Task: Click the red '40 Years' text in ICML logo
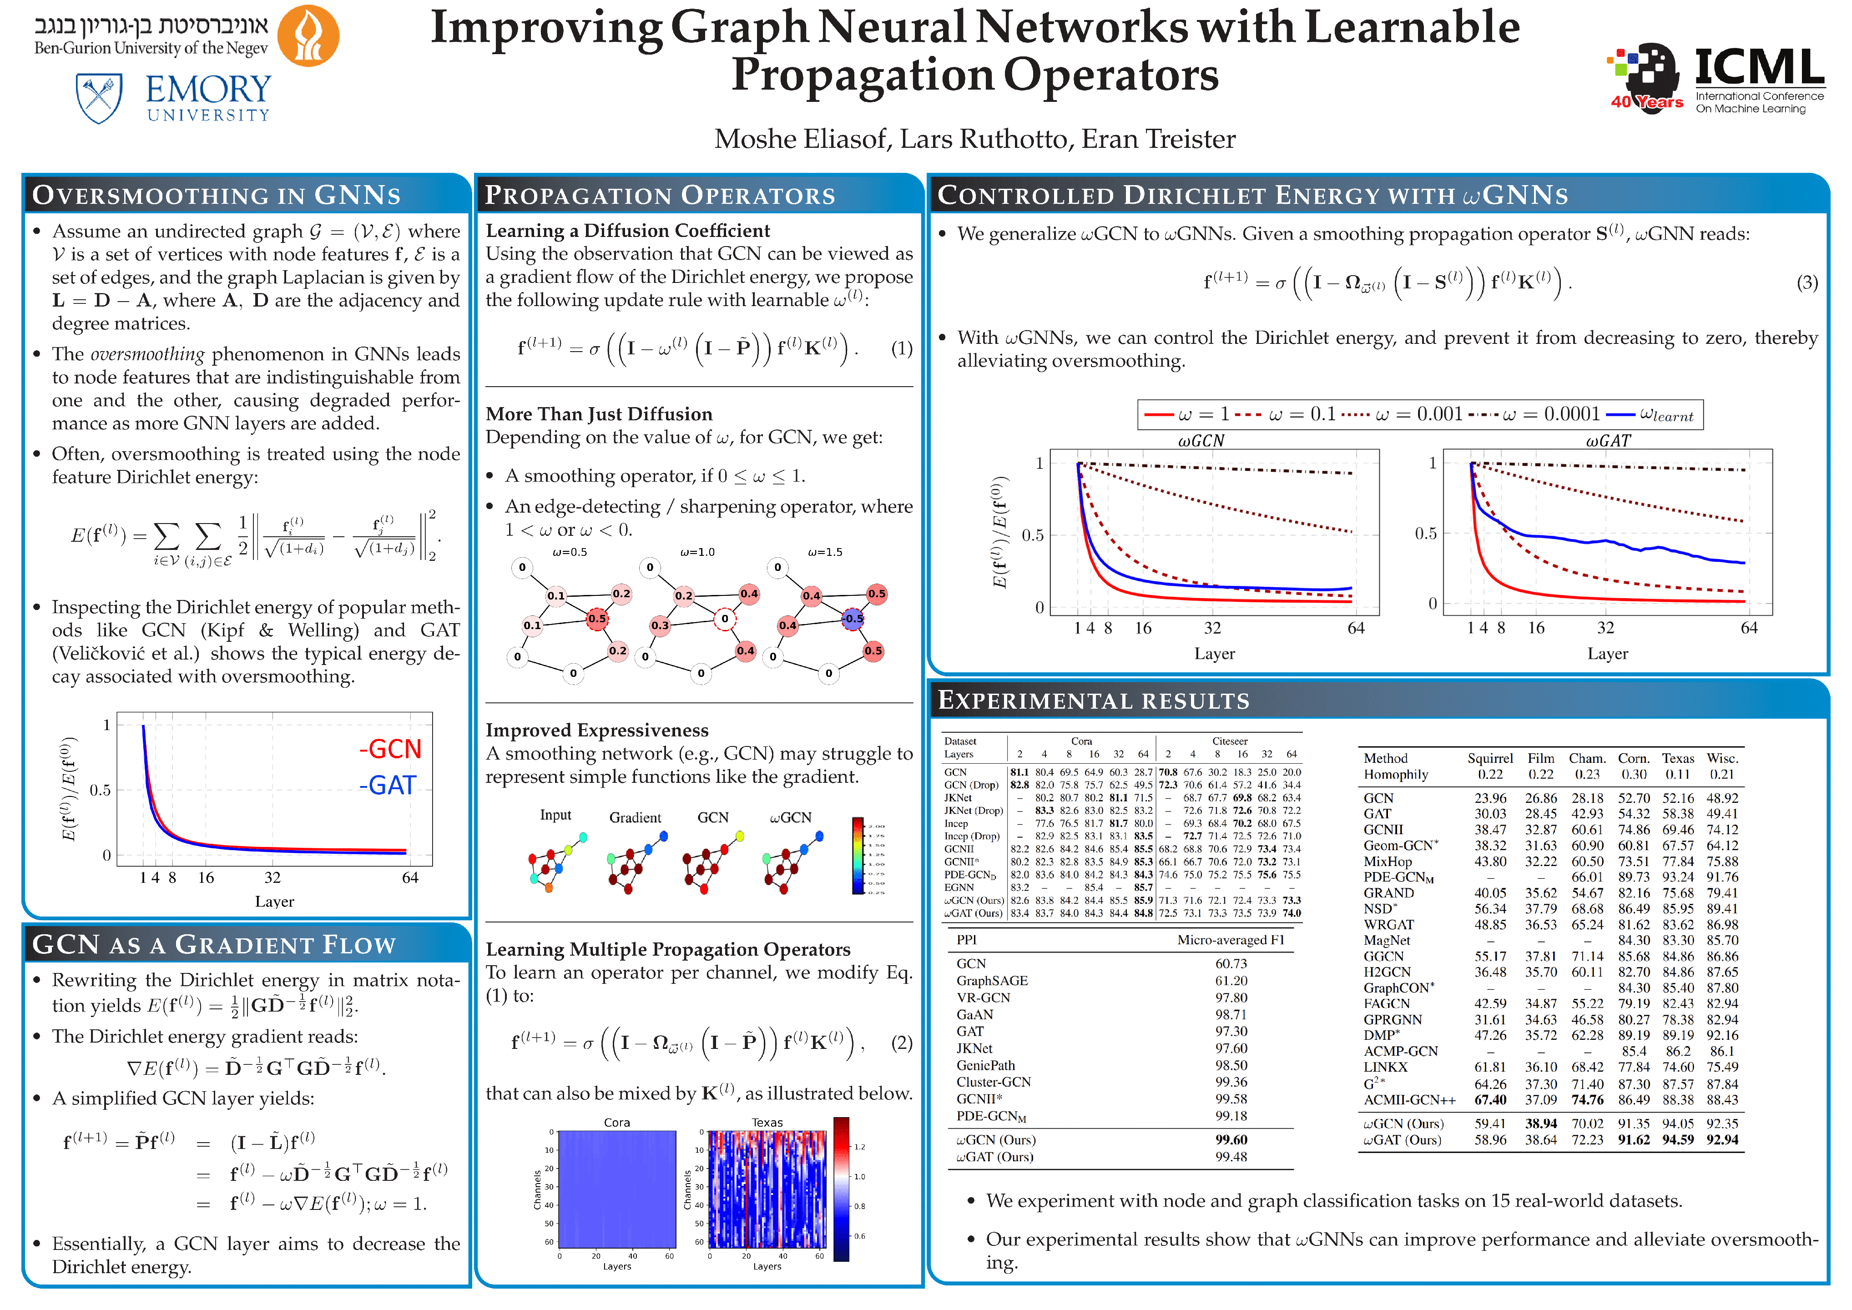(x=1646, y=102)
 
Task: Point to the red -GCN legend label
(x=390, y=749)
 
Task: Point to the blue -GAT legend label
(x=388, y=785)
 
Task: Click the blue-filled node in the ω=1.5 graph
(x=853, y=619)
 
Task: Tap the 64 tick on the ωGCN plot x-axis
(x=1356, y=628)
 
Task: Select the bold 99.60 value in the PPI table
(x=1231, y=1140)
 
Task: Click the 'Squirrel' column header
(x=1489, y=758)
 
